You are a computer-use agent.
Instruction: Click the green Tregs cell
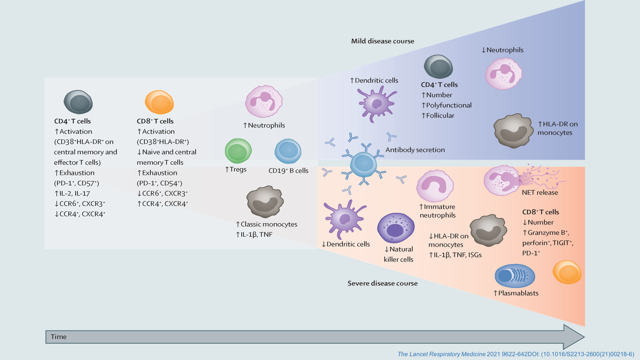tap(238, 151)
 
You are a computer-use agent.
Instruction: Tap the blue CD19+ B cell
tap(288, 151)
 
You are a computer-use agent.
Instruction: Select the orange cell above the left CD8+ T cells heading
tap(159, 102)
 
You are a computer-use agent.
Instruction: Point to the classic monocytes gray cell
tap(265, 201)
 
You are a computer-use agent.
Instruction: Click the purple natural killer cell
tap(396, 228)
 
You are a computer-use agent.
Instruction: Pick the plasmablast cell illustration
tap(515, 276)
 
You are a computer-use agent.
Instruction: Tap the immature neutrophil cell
tap(435, 186)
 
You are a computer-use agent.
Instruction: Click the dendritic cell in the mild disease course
tap(376, 104)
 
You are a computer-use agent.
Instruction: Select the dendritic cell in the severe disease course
tap(344, 219)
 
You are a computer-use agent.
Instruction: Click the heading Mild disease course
tap(382, 41)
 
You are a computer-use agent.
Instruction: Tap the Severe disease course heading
tap(382, 283)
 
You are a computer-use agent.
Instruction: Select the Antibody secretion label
tap(415, 150)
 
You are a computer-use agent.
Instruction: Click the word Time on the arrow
tap(58, 337)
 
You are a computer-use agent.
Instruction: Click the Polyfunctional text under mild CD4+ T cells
tap(448, 105)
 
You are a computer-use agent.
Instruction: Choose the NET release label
tap(540, 192)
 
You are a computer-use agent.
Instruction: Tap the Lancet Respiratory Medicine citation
tap(516, 354)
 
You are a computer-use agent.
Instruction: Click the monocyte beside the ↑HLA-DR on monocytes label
tap(513, 130)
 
